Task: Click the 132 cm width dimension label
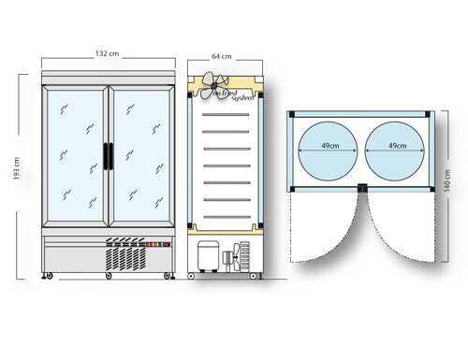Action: click(107, 53)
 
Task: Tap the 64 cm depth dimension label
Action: click(222, 56)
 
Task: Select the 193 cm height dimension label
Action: click(17, 168)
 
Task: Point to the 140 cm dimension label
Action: click(446, 180)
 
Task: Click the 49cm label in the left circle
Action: click(330, 146)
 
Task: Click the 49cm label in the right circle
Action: click(397, 146)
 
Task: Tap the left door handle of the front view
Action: click(106, 156)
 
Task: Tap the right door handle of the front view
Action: click(110, 156)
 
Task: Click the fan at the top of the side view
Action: click(214, 85)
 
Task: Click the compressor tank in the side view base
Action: click(209, 256)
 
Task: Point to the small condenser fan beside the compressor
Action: click(237, 257)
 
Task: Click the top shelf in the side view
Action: click(226, 115)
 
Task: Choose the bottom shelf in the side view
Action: click(227, 217)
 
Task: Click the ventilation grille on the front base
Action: click(125, 254)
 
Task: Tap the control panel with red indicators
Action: click(159, 245)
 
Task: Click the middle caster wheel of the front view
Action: click(109, 276)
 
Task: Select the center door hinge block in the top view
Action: click(362, 187)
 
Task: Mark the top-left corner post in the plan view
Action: click(292, 114)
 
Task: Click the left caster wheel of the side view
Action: click(191, 276)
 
